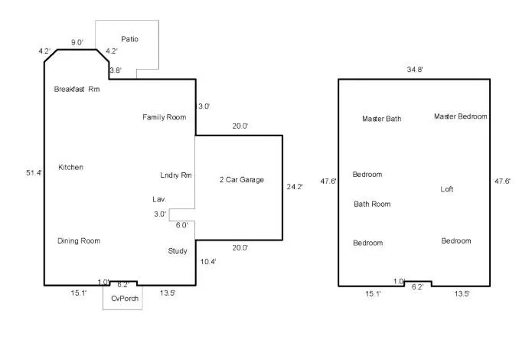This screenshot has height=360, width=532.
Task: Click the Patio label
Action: [129, 39]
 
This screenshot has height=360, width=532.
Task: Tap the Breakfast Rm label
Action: [77, 89]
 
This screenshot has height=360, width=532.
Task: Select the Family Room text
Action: [165, 117]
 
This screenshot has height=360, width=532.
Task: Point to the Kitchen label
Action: [70, 167]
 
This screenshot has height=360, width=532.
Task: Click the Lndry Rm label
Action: [176, 175]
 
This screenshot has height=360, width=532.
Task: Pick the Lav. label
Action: [159, 199]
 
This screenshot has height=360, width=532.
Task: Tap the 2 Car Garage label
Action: [242, 180]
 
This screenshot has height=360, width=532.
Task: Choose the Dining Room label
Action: [79, 241]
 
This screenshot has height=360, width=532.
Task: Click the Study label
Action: [178, 251]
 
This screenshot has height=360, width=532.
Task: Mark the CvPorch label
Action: [125, 299]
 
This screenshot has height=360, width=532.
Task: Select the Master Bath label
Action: [382, 119]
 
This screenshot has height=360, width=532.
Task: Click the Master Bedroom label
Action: [460, 116]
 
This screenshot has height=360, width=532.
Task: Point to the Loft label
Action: [447, 189]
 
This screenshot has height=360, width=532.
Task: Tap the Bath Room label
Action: [372, 204]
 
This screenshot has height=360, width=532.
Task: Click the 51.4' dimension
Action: [34, 173]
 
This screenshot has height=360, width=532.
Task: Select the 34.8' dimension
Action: [415, 70]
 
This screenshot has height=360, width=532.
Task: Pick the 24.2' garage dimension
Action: [295, 187]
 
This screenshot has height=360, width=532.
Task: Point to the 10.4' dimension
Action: [208, 262]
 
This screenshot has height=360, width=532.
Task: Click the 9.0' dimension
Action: [77, 42]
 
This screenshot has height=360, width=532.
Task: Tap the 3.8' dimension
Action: [116, 70]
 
